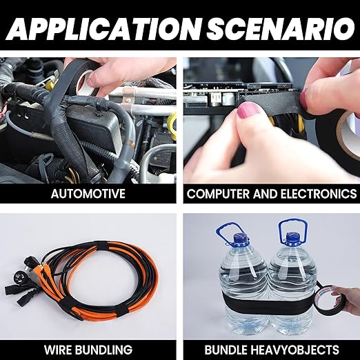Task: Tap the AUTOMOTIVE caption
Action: (88, 193)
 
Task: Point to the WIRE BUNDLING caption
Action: (88, 350)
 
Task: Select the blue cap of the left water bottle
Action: (241, 239)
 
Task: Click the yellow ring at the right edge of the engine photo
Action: (172, 124)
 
